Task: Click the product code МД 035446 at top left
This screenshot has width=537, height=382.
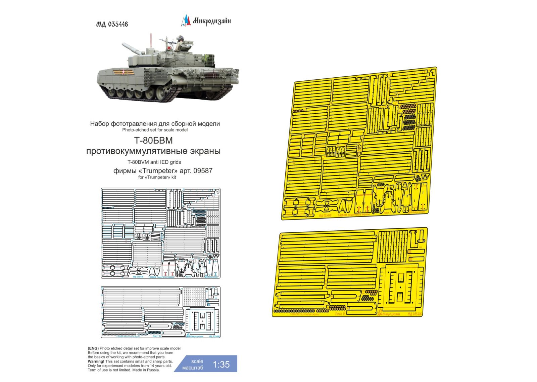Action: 112,24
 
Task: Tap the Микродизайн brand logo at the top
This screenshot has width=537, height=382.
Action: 206,21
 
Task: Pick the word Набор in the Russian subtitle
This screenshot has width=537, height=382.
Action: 100,124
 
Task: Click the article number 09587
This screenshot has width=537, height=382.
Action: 203,170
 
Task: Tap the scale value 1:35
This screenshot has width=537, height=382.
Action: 221,365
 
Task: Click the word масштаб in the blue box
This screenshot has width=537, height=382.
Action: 193,368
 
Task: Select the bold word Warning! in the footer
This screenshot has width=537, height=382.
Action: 96,361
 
